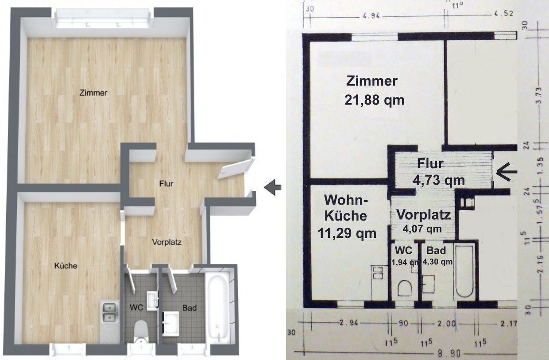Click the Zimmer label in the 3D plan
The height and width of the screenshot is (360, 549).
coord(93,93)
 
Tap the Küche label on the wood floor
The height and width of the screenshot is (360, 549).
coord(66,266)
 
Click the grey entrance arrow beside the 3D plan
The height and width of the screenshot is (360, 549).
coord(273,187)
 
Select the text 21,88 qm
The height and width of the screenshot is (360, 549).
coord(374,100)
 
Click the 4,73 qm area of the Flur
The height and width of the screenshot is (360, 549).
coord(439,180)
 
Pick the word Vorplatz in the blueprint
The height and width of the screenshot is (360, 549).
coord(424,215)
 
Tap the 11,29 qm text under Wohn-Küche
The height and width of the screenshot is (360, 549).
coord(347,233)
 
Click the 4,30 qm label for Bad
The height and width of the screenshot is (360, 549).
coord(438,262)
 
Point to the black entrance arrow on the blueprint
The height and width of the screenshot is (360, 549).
coord(506,172)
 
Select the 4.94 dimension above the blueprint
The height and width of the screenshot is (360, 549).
coord(370,15)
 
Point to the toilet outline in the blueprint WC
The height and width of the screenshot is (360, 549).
coord(405,288)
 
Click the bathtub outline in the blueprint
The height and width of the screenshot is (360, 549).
coord(464,272)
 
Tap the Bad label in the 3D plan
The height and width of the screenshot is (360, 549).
coord(189,308)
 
